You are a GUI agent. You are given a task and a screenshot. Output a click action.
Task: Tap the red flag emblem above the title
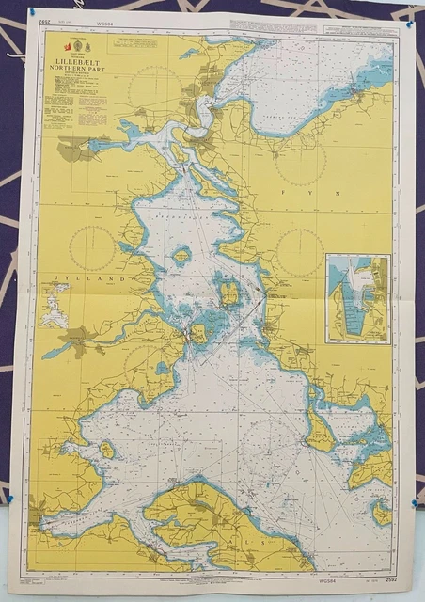pyautogui.click(x=67, y=45)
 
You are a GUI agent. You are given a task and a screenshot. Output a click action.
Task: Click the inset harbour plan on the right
pyautogui.click(x=357, y=297)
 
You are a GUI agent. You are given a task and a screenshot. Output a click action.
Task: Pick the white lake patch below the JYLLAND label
pyautogui.click(x=54, y=306)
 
